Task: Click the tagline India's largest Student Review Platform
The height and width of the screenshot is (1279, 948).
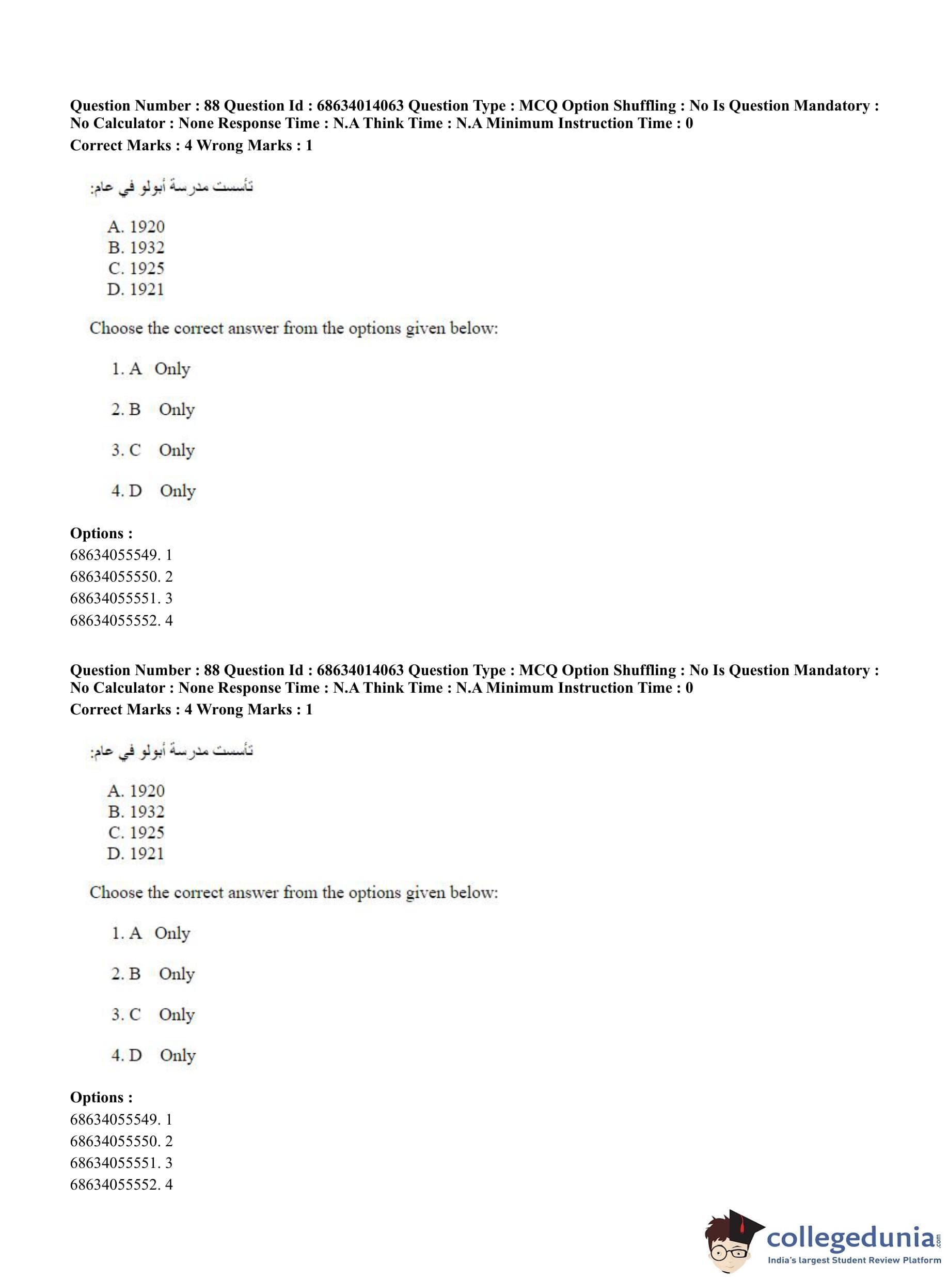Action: click(x=854, y=1260)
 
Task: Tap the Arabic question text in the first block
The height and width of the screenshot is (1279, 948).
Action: click(x=171, y=187)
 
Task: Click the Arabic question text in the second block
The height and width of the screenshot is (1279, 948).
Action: click(x=171, y=751)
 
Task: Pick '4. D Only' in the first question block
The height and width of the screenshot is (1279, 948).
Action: click(x=153, y=491)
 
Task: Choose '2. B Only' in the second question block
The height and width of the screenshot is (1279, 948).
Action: click(x=153, y=974)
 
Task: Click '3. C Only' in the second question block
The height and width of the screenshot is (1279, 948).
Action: click(x=153, y=1015)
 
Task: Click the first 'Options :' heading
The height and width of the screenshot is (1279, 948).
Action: click(x=101, y=533)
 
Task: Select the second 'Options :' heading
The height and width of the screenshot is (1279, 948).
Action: click(x=101, y=1098)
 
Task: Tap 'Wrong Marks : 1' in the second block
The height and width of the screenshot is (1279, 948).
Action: click(x=255, y=710)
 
